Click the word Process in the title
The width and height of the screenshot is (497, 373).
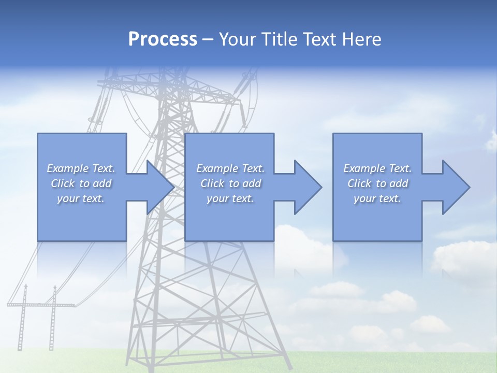click(x=163, y=39)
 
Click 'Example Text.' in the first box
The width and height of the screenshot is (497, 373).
click(x=81, y=168)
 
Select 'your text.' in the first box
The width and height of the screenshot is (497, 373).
click(x=81, y=198)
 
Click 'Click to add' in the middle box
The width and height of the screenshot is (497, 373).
click(x=230, y=183)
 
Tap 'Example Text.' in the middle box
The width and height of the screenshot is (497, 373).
click(x=230, y=168)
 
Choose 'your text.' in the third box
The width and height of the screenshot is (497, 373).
click(x=377, y=198)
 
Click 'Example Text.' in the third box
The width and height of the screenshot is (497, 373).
click(x=377, y=168)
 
